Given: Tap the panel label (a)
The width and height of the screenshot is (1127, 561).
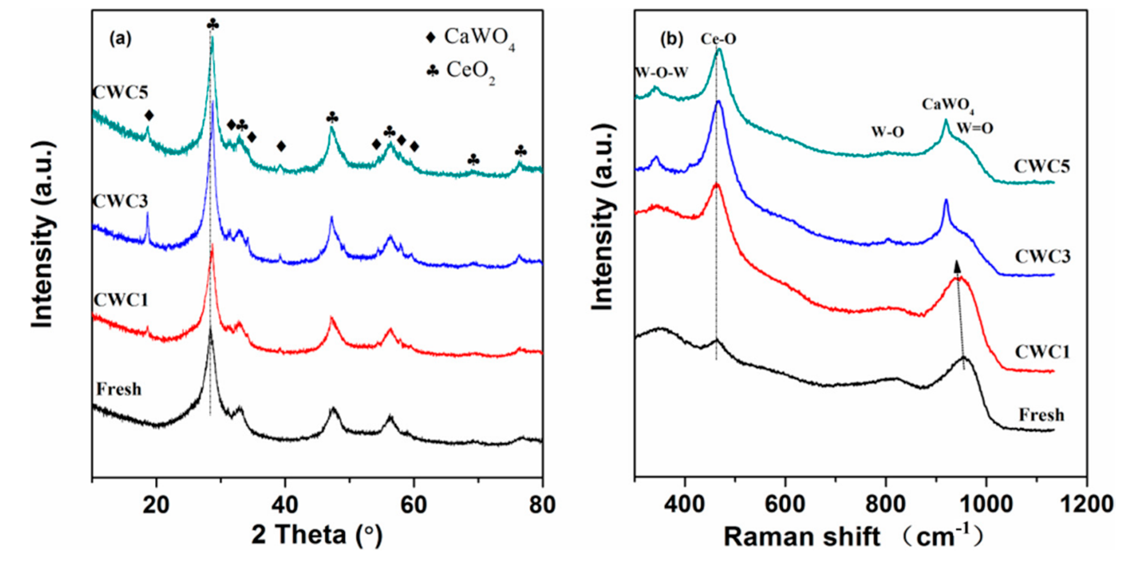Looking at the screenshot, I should [120, 39].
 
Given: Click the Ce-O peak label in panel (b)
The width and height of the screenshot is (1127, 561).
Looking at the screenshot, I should [718, 39].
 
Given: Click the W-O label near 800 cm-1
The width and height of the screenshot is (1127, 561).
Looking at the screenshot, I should [888, 132].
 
